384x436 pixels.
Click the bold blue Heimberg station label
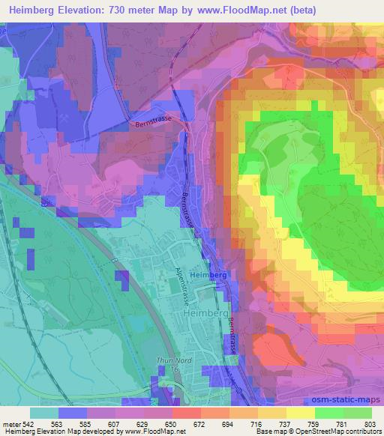coord(208,276)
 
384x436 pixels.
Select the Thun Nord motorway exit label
coord(170,363)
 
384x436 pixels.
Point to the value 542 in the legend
coord(28,423)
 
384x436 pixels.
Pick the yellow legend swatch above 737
coord(271,413)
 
